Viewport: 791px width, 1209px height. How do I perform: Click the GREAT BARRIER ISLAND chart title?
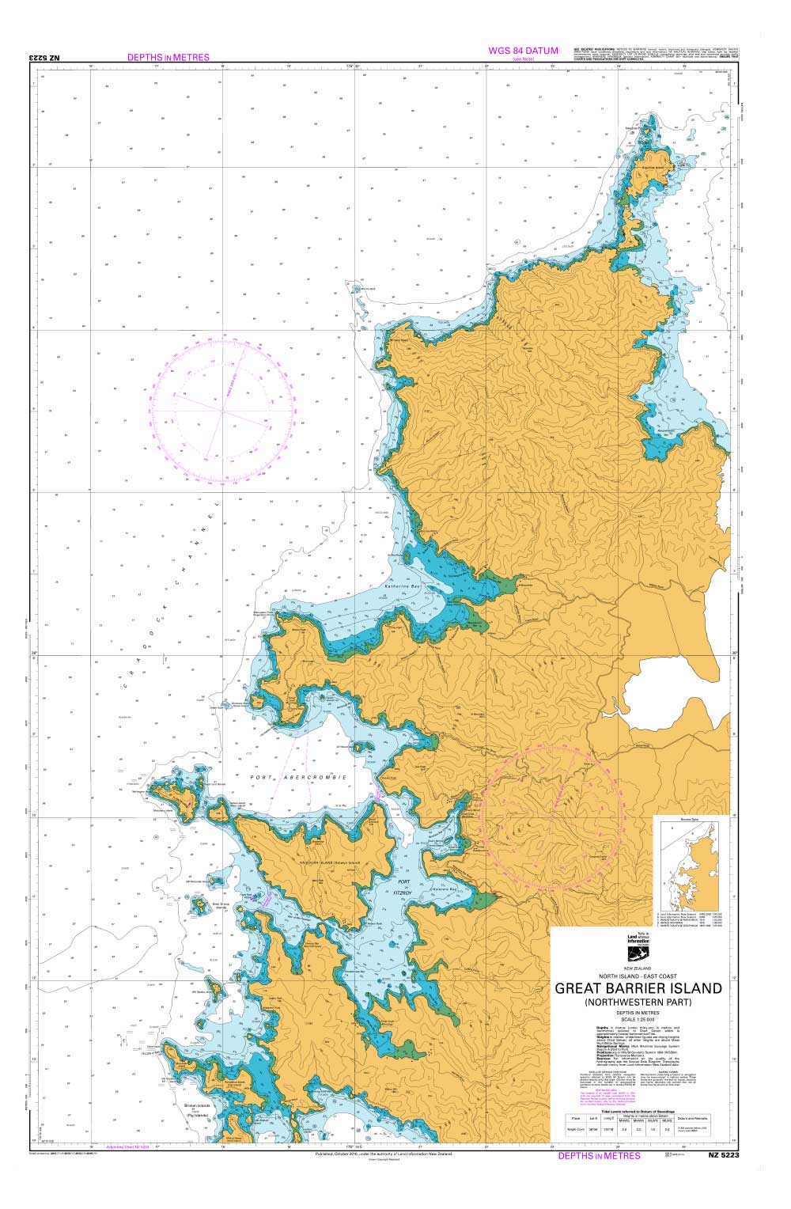pos(638,988)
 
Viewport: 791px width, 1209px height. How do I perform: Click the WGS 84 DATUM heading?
pos(523,51)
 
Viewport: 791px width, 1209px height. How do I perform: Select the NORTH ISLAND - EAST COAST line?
pos(638,976)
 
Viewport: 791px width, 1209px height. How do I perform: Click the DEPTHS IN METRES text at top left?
pos(168,57)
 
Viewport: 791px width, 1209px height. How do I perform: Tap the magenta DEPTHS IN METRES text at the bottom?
pos(599,1155)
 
